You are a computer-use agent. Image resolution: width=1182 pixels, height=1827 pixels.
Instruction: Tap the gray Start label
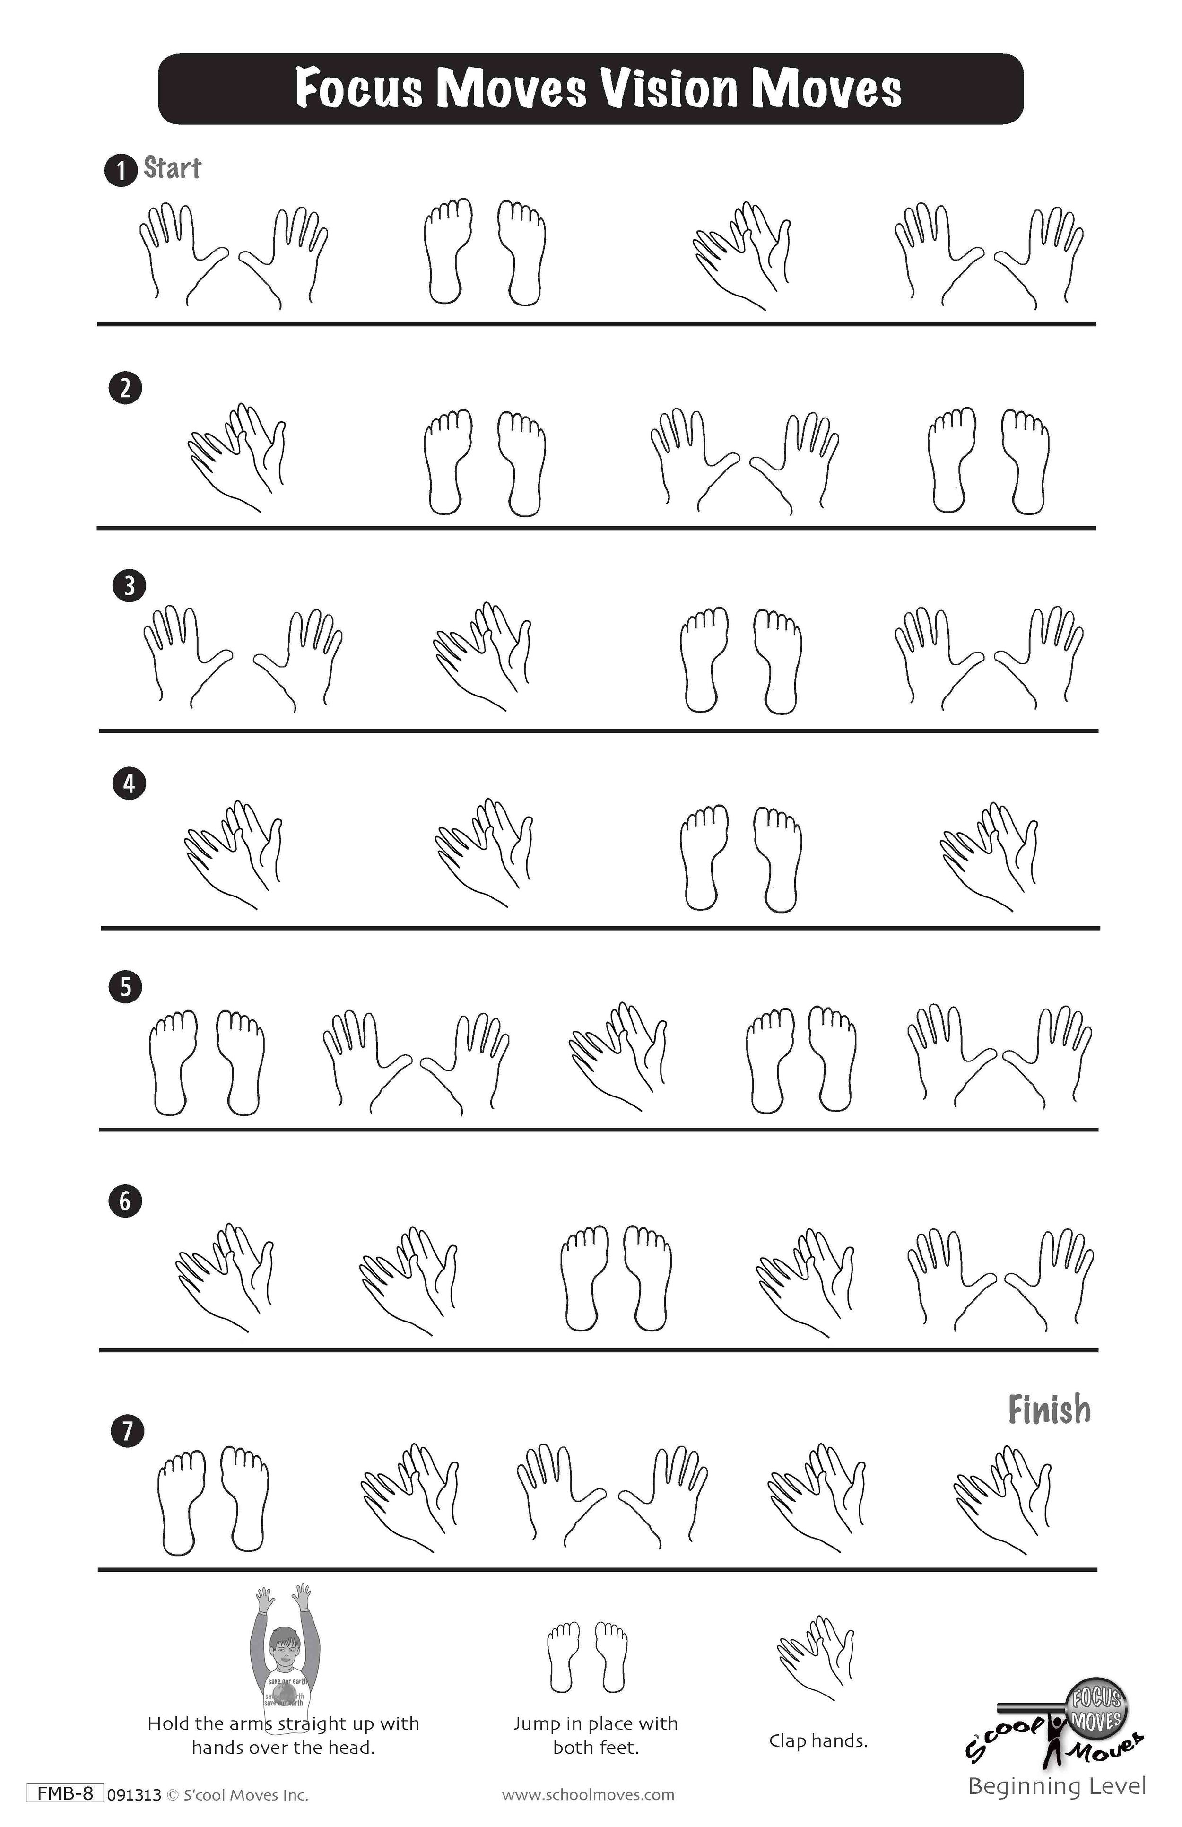173,168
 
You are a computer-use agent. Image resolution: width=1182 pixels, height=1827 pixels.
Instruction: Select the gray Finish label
1049,1410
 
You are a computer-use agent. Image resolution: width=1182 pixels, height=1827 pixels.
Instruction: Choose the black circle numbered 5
125,986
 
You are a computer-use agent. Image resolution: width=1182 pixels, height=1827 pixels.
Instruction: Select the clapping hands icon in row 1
741,256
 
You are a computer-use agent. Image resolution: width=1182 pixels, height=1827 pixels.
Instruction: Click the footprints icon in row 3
741,660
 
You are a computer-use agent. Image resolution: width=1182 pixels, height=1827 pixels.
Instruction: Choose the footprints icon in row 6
617,1278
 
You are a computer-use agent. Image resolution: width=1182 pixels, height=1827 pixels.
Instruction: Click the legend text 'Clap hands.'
818,1741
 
